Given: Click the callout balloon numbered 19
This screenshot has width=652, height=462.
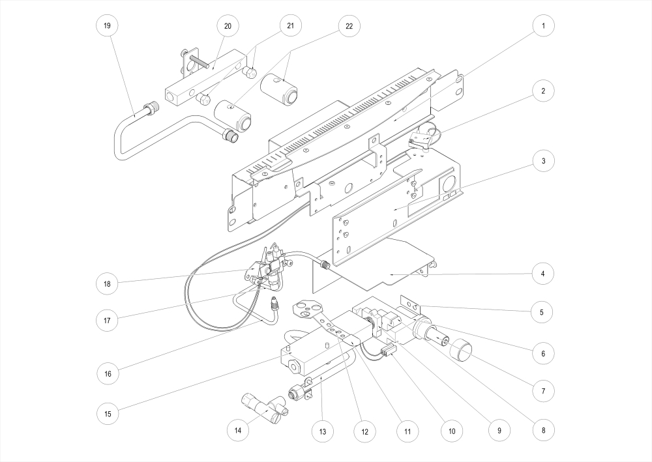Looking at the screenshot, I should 107,26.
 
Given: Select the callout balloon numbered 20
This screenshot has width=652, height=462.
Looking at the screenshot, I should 228,26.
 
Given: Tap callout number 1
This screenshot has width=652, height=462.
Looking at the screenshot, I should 542,26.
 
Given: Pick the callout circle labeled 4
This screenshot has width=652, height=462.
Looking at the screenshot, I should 542,274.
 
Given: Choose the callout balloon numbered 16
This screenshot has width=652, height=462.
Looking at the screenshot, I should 107,374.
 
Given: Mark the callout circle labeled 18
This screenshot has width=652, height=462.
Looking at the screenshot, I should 107,284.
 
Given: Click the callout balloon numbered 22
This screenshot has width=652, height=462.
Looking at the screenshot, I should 349,26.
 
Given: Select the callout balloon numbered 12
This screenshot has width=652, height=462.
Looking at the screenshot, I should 364,430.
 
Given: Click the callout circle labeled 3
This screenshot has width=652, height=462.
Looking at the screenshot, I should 542,161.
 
